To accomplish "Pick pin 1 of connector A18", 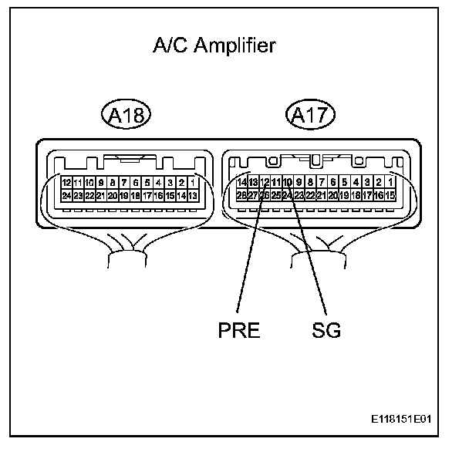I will [x=191, y=183].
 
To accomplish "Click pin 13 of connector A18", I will [x=191, y=196].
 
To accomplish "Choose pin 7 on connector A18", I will [x=123, y=183].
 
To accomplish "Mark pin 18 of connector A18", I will [x=135, y=196].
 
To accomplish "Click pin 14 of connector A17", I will [x=241, y=183].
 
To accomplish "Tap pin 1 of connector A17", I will [x=390, y=183].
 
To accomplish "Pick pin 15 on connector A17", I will [x=390, y=196].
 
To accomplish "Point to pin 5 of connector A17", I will [x=345, y=183].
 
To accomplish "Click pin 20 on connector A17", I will [x=333, y=196].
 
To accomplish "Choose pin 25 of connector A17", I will [x=275, y=196].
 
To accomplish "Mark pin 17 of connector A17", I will [x=367, y=196].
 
